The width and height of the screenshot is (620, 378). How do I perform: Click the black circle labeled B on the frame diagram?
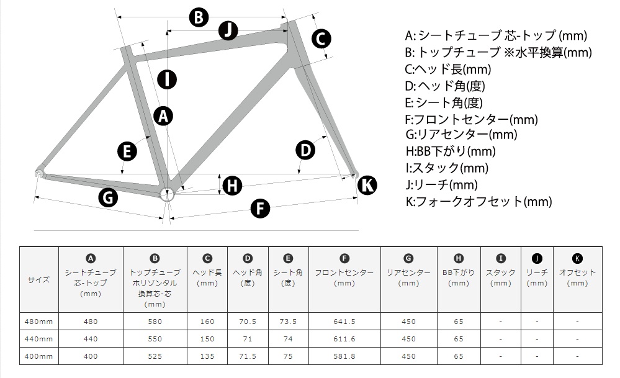click(x=199, y=17)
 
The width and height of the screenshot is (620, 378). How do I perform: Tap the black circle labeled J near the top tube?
click(x=228, y=30)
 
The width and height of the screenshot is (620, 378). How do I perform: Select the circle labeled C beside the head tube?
click(x=321, y=38)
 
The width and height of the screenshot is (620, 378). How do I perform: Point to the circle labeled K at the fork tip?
click(x=367, y=184)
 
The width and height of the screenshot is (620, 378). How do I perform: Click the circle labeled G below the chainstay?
click(x=108, y=197)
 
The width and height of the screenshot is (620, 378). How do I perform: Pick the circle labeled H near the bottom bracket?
click(x=232, y=186)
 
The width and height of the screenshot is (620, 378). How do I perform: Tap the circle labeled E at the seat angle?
click(x=127, y=152)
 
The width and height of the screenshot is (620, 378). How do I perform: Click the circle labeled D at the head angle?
click(x=305, y=150)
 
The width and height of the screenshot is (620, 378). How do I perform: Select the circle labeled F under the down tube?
click(x=260, y=209)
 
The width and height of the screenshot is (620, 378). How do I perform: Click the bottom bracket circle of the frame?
click(x=167, y=194)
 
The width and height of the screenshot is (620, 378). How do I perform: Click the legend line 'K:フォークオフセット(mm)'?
click(x=478, y=202)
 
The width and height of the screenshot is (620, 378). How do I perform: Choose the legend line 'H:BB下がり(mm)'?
click(x=451, y=151)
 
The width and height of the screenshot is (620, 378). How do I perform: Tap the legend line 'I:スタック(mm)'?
click(x=447, y=168)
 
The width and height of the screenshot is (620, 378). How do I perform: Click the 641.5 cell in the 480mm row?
click(x=344, y=322)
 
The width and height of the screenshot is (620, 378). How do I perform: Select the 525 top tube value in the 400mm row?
click(x=155, y=356)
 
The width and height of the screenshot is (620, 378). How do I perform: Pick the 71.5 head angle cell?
click(x=248, y=356)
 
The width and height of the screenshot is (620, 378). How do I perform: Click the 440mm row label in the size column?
click(x=38, y=339)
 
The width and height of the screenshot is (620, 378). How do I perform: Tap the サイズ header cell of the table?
click(x=38, y=279)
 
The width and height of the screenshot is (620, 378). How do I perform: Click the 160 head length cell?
click(x=207, y=322)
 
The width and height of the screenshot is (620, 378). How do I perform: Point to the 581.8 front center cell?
click(x=344, y=356)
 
